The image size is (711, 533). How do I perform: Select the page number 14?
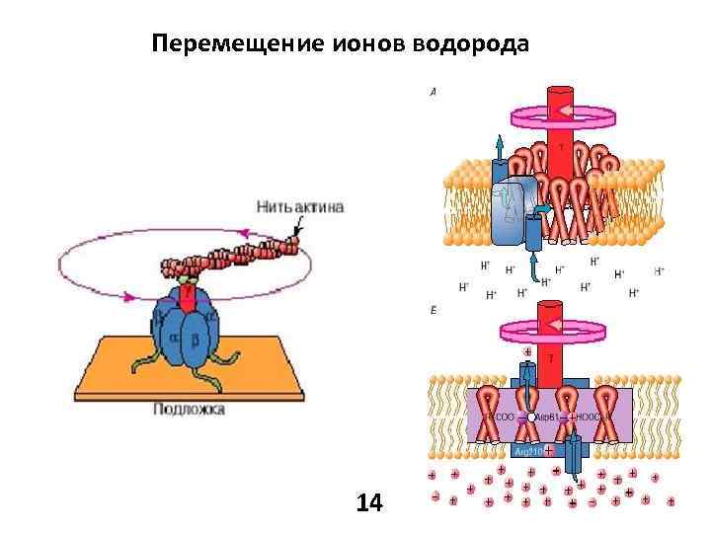pyautogui.click(x=369, y=503)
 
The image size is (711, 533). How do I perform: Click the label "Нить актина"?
pyautogui.click(x=300, y=207)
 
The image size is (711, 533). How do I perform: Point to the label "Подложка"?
pyautogui.click(x=189, y=409)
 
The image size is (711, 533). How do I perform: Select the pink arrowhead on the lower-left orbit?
pyautogui.click(x=128, y=294)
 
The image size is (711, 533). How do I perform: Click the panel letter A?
pyautogui.click(x=433, y=92)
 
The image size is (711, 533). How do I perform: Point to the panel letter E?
pyautogui.click(x=433, y=310)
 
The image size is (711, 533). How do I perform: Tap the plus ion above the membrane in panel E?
pyautogui.click(x=527, y=351)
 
